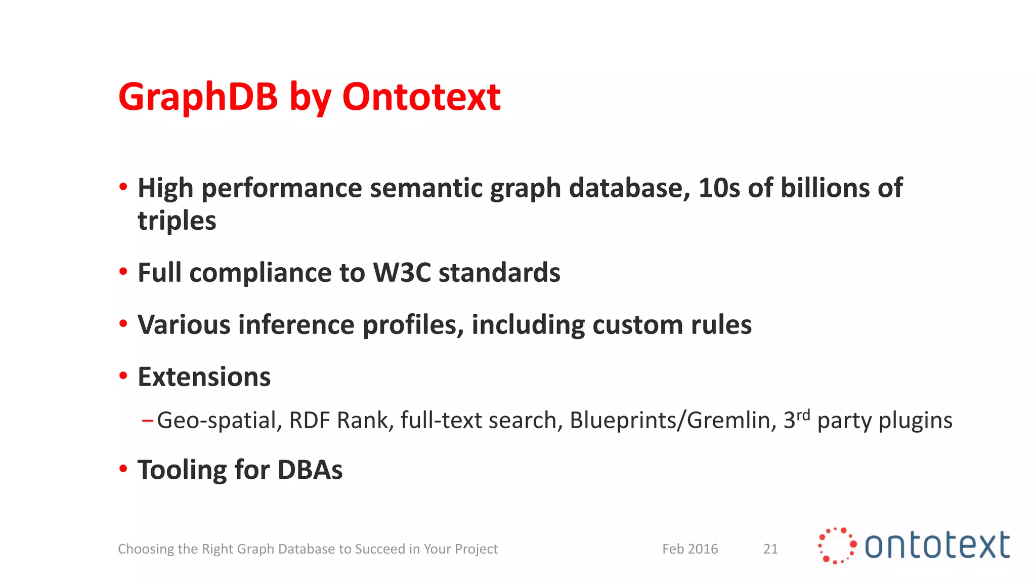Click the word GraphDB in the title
198,97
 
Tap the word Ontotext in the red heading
421,97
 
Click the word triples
177,221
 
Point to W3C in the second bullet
402,273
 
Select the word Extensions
204,377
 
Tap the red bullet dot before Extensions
123,376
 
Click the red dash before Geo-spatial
147,420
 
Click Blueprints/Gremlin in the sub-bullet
672,421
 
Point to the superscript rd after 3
803,415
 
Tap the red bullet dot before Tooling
123,469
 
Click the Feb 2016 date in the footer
690,549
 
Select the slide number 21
770,549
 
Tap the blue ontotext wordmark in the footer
937,546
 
